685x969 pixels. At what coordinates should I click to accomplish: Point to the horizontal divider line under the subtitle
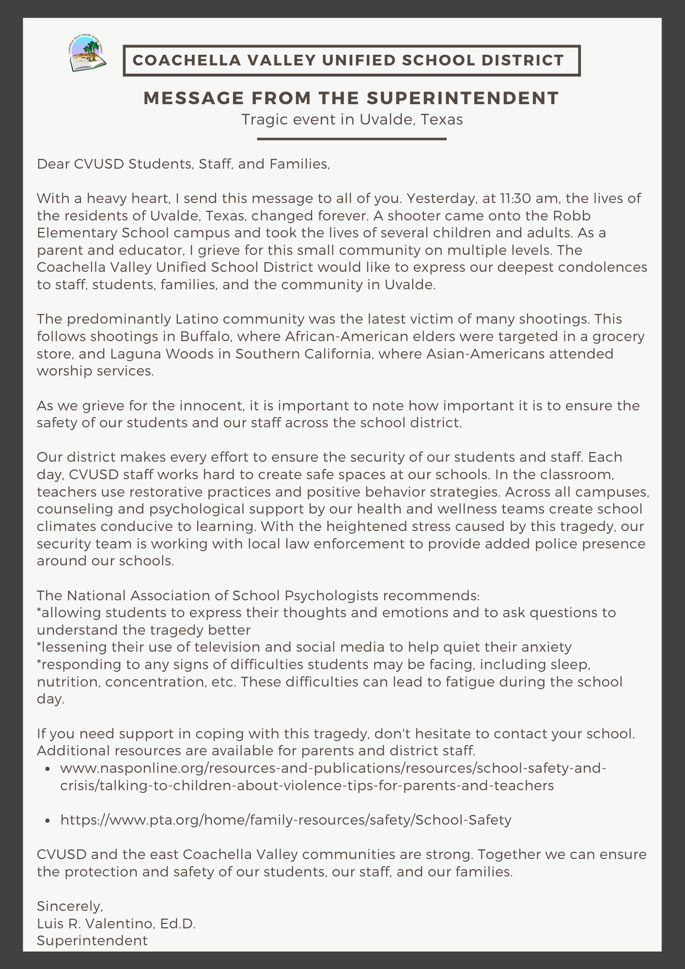click(352, 139)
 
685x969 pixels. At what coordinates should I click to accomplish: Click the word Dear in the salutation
click(53, 164)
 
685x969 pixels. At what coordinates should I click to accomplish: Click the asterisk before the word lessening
click(39, 646)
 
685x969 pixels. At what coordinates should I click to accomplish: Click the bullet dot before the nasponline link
click(48, 769)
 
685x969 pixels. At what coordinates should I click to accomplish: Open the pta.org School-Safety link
click(285, 820)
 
